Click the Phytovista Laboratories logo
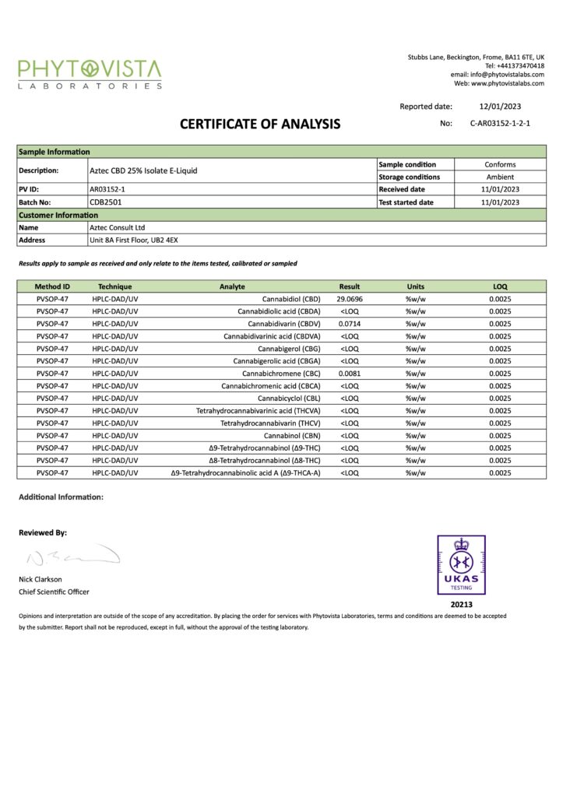click(x=90, y=74)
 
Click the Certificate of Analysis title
click(x=260, y=124)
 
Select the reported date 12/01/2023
click(x=499, y=107)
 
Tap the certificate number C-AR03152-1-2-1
click(x=500, y=123)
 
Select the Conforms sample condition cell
click(x=499, y=164)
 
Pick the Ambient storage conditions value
click(x=499, y=177)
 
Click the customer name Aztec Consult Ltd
click(x=118, y=227)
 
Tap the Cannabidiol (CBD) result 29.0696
click(x=350, y=299)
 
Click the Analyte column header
click(x=232, y=286)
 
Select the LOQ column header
click(x=499, y=286)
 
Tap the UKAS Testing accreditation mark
click(x=461, y=564)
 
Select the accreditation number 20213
click(x=461, y=604)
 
